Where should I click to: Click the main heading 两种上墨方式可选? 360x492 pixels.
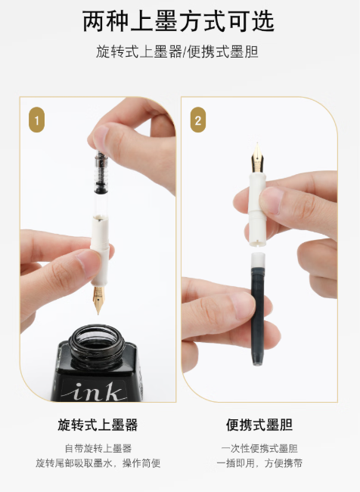178,21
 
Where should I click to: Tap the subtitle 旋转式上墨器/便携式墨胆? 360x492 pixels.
177,51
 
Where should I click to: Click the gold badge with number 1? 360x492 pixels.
37,120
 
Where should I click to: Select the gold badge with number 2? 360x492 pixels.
198,120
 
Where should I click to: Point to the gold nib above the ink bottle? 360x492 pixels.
98,299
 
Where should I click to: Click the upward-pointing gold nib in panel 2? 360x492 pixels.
257,157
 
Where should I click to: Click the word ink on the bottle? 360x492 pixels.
95,391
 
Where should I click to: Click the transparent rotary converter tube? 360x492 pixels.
101,185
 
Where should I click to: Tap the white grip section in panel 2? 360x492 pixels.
257,208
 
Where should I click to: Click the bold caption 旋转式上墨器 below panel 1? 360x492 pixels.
98,425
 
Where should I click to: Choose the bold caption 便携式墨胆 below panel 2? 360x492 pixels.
259,425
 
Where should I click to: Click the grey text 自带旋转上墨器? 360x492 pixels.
98,448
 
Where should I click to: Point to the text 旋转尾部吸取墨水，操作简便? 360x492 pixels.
98,463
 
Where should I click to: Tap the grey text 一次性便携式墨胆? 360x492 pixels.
259,448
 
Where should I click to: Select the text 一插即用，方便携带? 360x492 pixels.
259,463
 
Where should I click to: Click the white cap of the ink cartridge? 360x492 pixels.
258,259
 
